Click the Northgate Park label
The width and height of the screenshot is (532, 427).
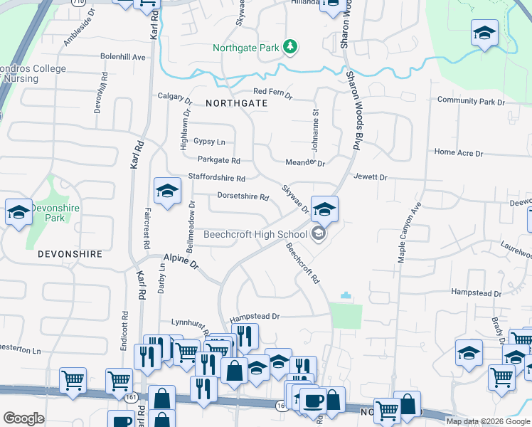246,48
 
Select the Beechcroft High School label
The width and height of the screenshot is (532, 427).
255,234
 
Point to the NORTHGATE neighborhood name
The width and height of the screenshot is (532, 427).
236,103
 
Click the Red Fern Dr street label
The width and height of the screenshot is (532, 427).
273,92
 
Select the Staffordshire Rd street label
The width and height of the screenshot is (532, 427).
216,177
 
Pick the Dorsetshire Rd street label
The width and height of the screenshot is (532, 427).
243,196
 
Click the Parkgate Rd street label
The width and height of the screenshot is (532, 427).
219,160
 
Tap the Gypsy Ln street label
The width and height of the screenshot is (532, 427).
209,142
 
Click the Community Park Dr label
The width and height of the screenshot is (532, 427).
471,102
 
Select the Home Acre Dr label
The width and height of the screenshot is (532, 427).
458,152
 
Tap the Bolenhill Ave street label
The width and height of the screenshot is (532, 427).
123,56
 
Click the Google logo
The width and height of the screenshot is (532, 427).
23,418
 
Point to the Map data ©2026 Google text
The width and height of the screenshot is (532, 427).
488,421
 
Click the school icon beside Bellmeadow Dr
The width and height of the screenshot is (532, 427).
167,192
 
